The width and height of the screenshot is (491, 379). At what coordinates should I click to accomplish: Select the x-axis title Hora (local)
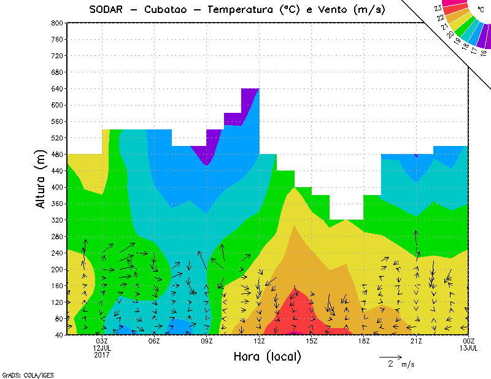(x=266, y=356)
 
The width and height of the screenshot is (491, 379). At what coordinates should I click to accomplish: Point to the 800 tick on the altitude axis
(x=58, y=23)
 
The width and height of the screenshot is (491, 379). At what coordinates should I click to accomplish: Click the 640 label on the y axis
(x=58, y=88)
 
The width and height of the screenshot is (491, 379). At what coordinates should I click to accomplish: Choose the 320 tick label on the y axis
(x=58, y=220)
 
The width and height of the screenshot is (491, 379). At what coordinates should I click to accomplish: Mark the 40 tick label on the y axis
(x=60, y=335)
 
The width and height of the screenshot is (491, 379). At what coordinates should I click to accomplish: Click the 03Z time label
(x=102, y=341)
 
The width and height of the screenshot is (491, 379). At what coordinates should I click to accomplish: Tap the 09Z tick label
(x=207, y=341)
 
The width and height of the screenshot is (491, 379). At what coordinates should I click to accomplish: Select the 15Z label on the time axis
(x=311, y=341)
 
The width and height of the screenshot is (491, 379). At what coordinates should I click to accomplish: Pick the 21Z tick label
(x=416, y=341)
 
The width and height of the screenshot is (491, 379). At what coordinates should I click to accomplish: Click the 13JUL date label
(x=468, y=348)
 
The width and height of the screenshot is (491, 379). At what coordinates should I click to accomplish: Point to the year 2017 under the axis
(x=102, y=354)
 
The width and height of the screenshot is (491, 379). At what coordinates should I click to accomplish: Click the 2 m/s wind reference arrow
(x=390, y=356)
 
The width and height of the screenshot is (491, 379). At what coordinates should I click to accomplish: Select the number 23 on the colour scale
(x=438, y=8)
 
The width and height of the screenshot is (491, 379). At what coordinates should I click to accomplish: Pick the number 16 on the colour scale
(x=484, y=53)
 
